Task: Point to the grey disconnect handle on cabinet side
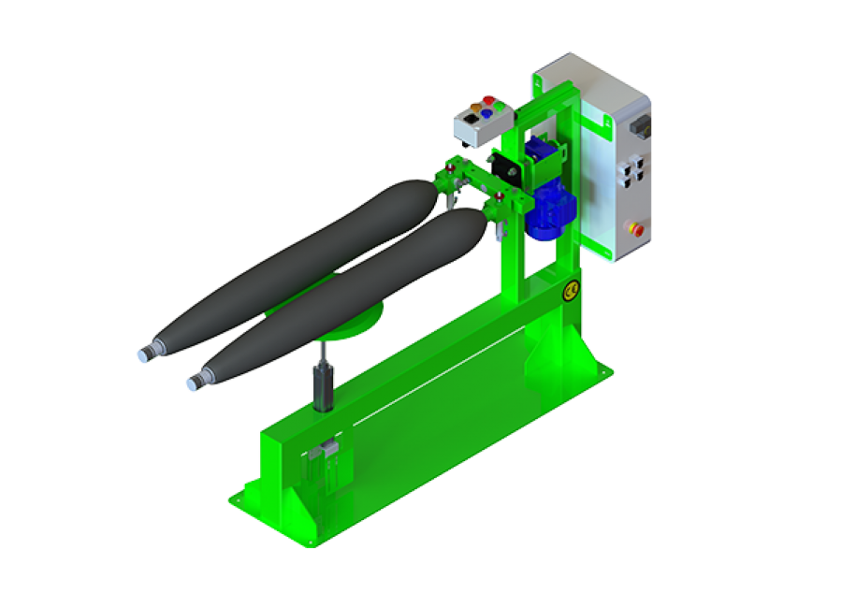point(642,124)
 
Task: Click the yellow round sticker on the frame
point(569,294)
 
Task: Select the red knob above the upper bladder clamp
point(450,168)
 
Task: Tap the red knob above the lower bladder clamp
point(500,196)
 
